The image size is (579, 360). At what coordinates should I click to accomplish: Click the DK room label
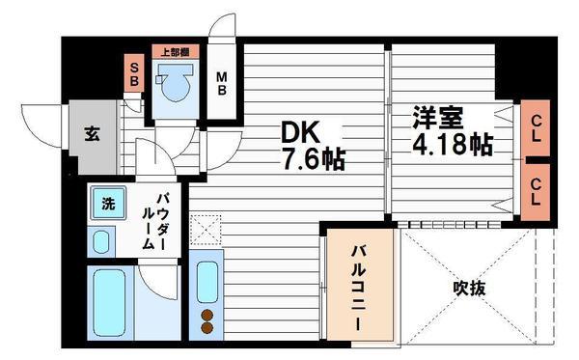(x=302, y=131)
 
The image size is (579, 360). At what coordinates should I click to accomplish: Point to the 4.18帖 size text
(x=453, y=146)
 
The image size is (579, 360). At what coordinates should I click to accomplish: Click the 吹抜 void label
(x=468, y=288)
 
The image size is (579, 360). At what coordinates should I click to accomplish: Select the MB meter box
(x=222, y=84)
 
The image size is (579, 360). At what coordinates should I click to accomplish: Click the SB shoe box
(x=134, y=74)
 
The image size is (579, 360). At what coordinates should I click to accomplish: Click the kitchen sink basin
(x=206, y=279)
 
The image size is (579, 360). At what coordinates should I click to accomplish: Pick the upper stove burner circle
(x=206, y=314)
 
